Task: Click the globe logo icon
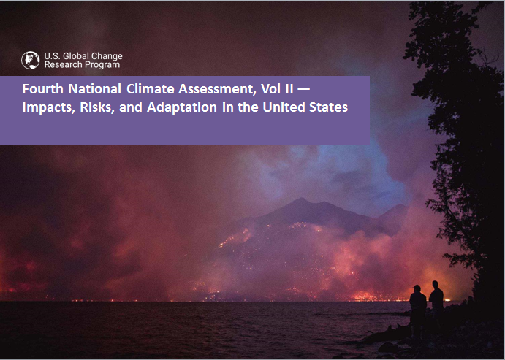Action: coord(30,60)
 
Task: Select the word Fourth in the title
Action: coord(42,89)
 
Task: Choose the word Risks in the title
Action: coord(97,107)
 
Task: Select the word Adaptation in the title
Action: coord(182,107)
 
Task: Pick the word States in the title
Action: coord(329,107)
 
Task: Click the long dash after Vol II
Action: coord(303,89)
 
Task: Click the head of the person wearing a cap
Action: coord(417,288)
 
